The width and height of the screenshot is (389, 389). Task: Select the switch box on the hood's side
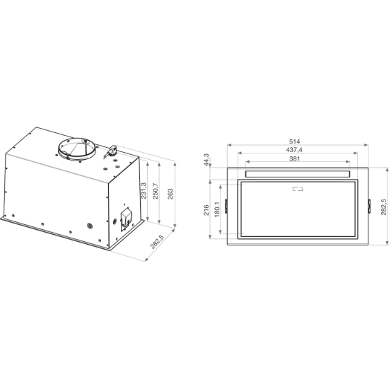click(126, 218)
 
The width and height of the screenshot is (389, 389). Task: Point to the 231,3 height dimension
click(144, 191)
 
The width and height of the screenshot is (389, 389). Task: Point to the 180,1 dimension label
click(216, 209)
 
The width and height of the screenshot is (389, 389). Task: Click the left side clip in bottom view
click(226, 206)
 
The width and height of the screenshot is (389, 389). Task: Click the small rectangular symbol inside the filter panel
click(297, 189)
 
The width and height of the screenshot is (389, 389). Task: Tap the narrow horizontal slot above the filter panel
click(297, 173)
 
